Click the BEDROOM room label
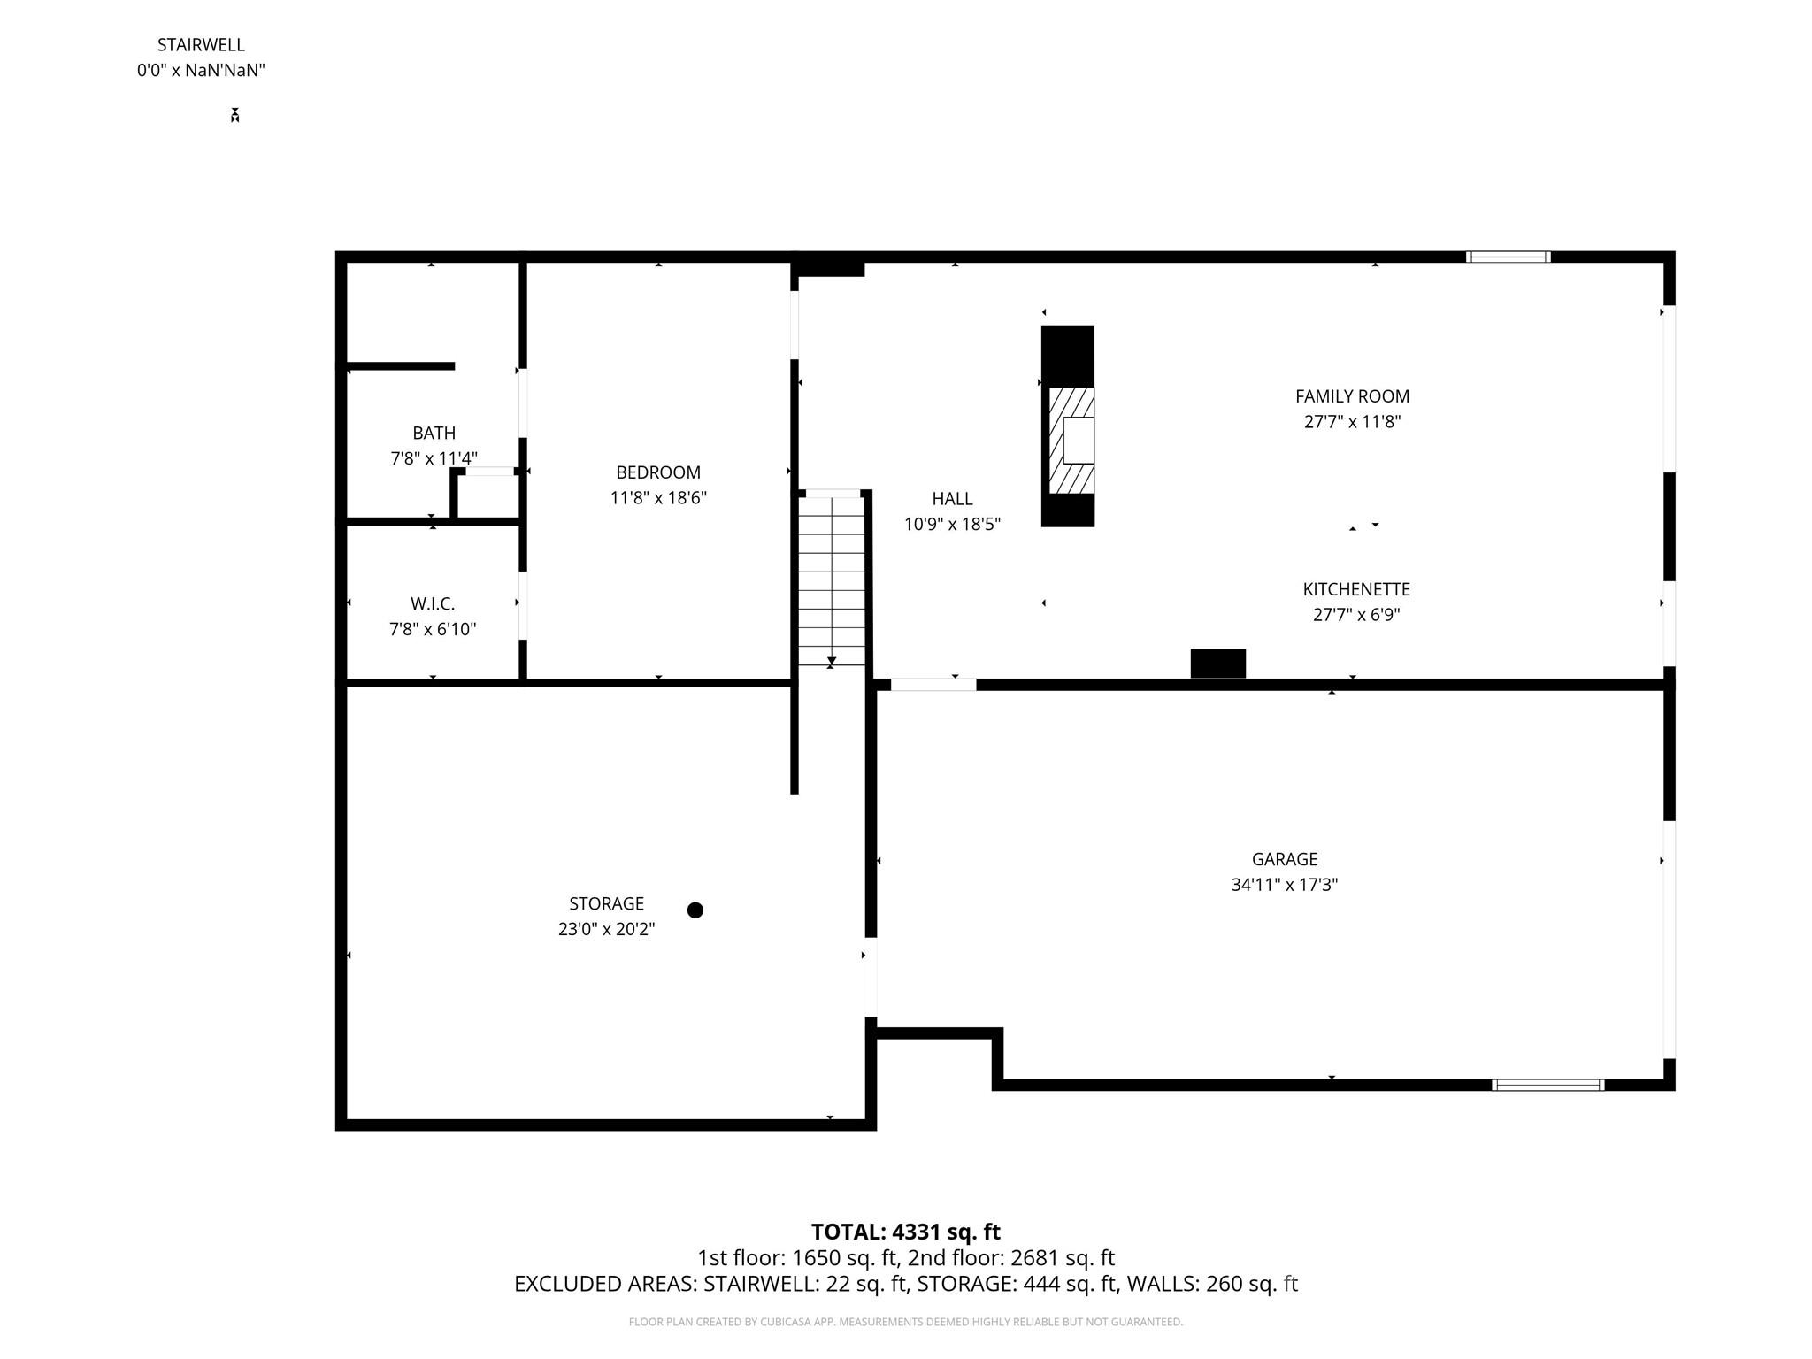(658, 472)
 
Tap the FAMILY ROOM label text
(1352, 396)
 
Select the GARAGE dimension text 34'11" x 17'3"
(1284, 885)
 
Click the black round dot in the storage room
(695, 910)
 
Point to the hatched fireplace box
(1071, 441)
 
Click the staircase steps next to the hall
(832, 580)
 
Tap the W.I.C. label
(433, 604)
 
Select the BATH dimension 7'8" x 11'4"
(434, 458)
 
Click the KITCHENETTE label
(1355, 589)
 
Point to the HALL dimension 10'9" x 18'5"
(952, 525)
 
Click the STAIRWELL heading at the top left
(201, 44)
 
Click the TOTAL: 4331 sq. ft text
(905, 1232)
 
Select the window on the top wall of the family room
(1508, 257)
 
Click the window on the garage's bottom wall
(1547, 1085)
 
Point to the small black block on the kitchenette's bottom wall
(1217, 664)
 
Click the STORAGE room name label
(606, 903)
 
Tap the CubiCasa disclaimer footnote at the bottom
(905, 1322)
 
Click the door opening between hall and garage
(933, 685)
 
